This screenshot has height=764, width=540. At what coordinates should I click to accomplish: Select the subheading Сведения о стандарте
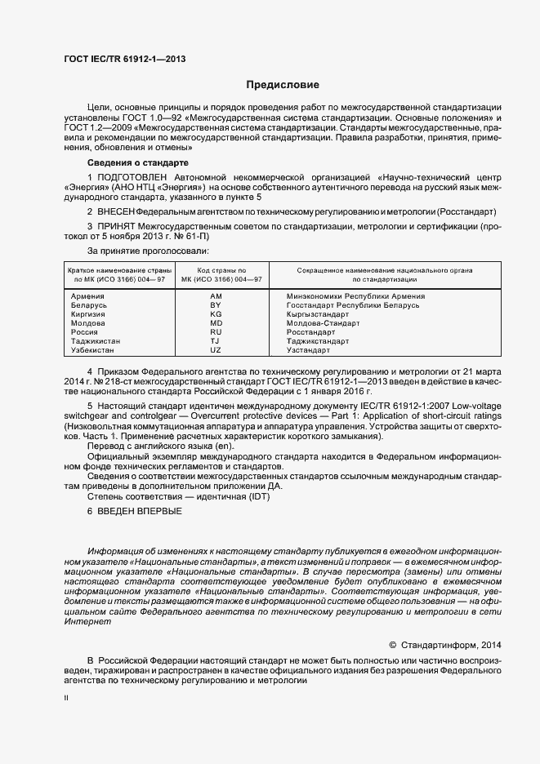132,163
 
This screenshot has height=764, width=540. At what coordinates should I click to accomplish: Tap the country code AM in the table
216,296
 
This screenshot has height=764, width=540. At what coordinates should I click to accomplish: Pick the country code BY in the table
216,305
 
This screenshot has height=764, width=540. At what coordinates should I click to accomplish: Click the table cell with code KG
216,314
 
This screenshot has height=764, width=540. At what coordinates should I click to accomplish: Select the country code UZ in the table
216,350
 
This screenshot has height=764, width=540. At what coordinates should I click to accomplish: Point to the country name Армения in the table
87,296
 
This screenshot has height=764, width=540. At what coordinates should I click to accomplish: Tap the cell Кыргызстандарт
318,314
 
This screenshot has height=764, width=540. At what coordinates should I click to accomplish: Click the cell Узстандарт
309,350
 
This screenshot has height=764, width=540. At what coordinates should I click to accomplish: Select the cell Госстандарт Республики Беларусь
353,305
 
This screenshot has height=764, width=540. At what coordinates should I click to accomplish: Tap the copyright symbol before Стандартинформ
392,644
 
